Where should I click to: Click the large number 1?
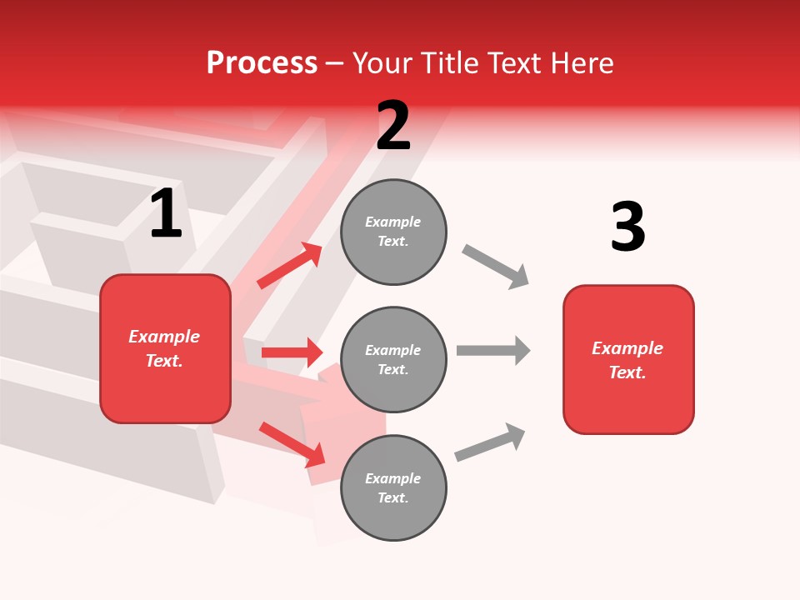[x=166, y=214]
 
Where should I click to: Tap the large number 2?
[x=393, y=127]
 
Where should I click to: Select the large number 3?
[x=627, y=227]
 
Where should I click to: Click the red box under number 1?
[x=165, y=348]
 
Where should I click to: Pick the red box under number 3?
[x=628, y=360]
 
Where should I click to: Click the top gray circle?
[x=393, y=232]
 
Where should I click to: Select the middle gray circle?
[x=393, y=359]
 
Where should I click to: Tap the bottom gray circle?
[x=393, y=487]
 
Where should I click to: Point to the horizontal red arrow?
[x=292, y=352]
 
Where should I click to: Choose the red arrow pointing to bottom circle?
[x=292, y=444]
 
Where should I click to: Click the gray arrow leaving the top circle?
[x=496, y=266]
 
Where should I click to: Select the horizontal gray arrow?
[x=493, y=350]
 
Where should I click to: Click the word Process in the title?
[x=262, y=62]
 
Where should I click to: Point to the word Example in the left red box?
[x=164, y=337]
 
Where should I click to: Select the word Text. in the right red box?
[x=627, y=372]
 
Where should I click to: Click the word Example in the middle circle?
[x=393, y=350]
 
